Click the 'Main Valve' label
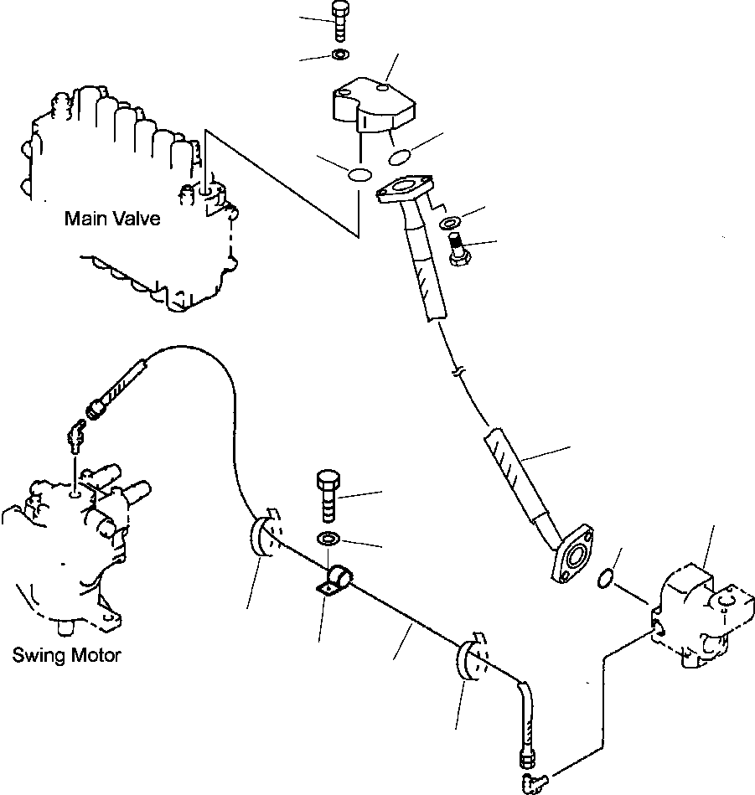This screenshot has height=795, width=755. click(112, 219)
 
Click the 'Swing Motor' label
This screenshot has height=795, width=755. click(66, 655)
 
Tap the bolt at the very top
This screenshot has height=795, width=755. click(339, 22)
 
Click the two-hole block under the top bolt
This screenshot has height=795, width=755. click(374, 105)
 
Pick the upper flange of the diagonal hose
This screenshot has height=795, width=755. click(405, 188)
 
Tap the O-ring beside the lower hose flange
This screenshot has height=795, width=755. click(604, 579)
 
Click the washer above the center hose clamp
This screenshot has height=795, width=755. click(328, 538)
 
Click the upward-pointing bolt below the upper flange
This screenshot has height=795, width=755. click(459, 249)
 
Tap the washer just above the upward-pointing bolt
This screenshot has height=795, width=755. click(449, 222)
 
